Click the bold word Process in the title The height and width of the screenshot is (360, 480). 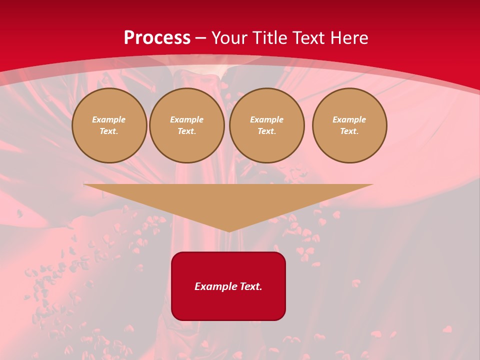(x=157, y=38)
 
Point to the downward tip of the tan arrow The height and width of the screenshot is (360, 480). (x=229, y=231)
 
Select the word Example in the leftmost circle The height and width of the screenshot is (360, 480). (x=109, y=119)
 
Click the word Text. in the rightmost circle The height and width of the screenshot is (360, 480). (x=349, y=131)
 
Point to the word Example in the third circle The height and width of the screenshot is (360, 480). (x=267, y=119)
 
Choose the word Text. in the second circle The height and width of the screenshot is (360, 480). (x=187, y=131)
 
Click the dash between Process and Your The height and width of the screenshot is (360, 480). (x=200, y=38)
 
